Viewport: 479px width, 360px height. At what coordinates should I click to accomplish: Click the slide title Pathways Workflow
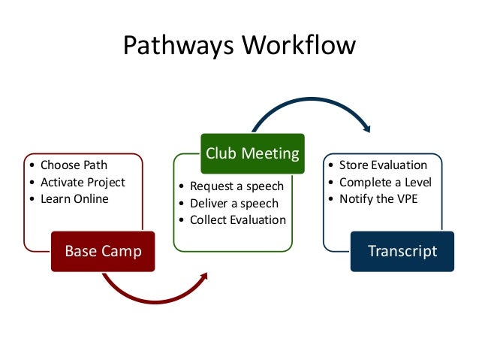(x=239, y=46)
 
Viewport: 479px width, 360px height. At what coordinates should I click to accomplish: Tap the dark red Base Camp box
(x=103, y=251)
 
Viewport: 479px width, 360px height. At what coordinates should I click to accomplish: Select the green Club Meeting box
(x=252, y=154)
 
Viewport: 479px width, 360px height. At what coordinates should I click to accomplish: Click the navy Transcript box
(x=402, y=251)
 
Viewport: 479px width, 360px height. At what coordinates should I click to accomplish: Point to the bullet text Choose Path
(x=74, y=165)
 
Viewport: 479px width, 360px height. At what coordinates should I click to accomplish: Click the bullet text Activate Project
(x=83, y=182)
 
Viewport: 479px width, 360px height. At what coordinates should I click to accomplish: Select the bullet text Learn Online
(x=74, y=198)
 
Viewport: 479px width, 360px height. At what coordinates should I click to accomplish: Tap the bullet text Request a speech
(x=236, y=186)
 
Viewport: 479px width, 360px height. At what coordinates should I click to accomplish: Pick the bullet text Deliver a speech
(x=234, y=203)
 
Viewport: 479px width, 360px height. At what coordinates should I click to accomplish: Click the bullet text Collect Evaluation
(x=237, y=219)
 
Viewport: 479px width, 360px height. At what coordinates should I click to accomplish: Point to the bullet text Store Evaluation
(x=383, y=165)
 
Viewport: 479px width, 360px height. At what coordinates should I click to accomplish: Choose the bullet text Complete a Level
(x=385, y=182)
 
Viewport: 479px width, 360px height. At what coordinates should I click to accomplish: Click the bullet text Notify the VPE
(x=378, y=198)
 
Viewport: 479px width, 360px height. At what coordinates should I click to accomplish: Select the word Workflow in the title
(x=298, y=46)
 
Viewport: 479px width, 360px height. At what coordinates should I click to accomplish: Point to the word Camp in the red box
(x=123, y=251)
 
